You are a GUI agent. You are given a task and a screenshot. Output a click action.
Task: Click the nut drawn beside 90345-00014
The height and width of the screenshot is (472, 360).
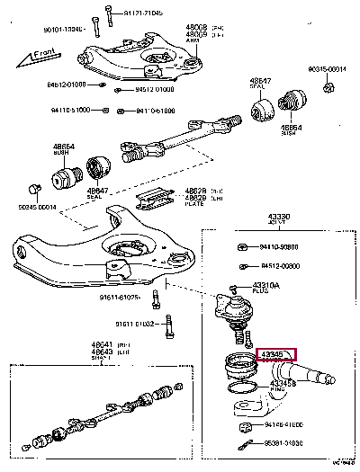pos(327,87)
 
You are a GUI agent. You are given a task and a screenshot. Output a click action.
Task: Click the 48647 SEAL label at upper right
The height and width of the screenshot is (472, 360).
pos(261,85)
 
